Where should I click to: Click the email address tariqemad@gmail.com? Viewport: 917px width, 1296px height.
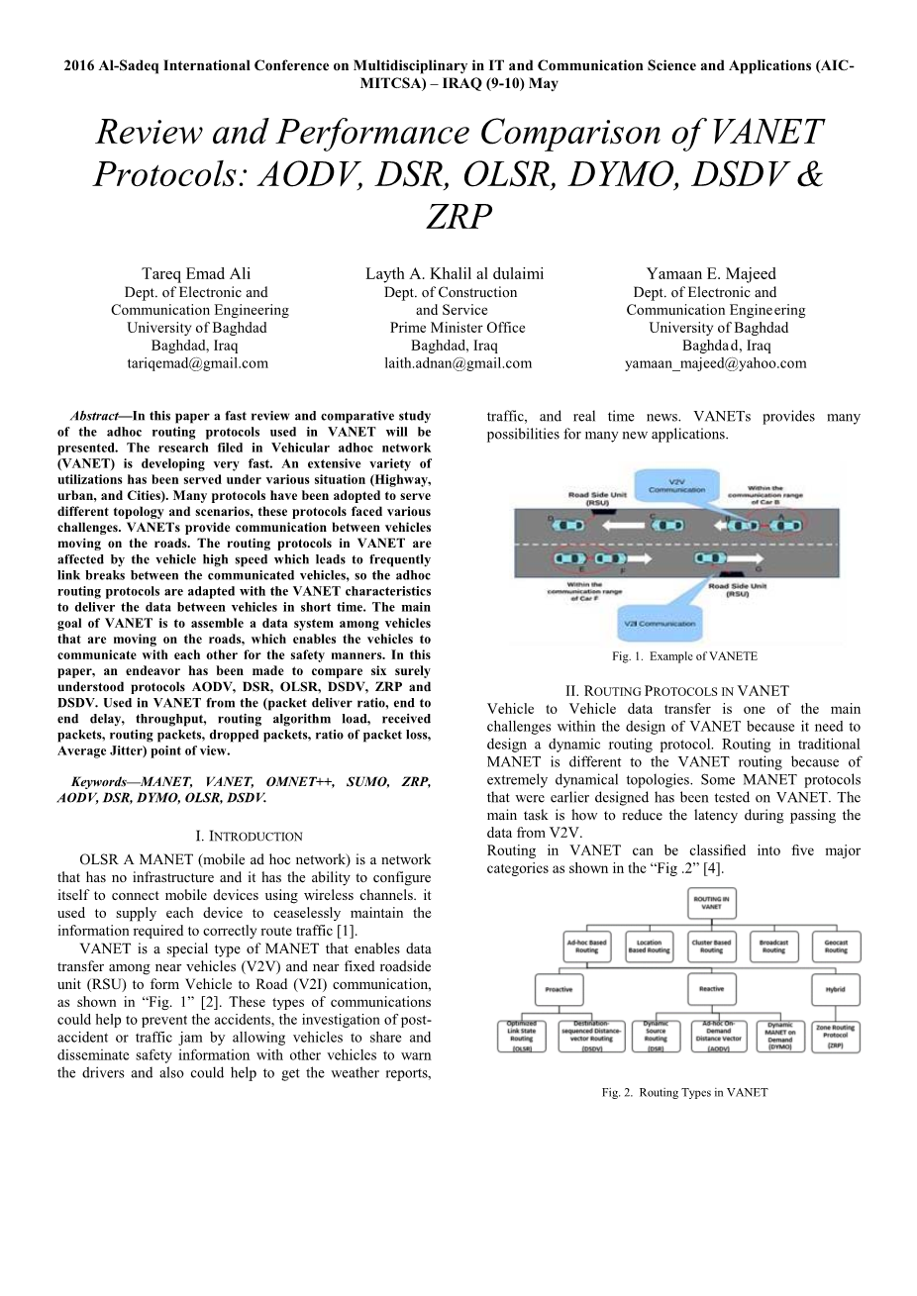[197, 363]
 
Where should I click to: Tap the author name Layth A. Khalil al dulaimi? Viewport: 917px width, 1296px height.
[455, 274]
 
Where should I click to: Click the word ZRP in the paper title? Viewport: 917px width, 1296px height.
[458, 216]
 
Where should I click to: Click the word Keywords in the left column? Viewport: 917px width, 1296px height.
[99, 782]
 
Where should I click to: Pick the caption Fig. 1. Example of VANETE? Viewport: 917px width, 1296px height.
[684, 656]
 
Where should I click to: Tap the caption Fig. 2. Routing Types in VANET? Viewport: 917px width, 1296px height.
[684, 1093]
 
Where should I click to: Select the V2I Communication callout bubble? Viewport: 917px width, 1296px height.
[661, 624]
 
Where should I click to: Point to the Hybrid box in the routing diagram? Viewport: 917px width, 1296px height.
[836, 989]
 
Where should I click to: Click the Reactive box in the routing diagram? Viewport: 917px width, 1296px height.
[711, 989]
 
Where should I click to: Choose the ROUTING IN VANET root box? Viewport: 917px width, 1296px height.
[711, 903]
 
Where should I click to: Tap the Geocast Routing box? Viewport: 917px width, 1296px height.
[836, 947]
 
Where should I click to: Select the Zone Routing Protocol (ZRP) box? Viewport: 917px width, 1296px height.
[836, 1036]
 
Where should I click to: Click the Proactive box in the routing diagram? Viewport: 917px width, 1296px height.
[559, 989]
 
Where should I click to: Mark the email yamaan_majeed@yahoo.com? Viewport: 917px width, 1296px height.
[715, 363]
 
